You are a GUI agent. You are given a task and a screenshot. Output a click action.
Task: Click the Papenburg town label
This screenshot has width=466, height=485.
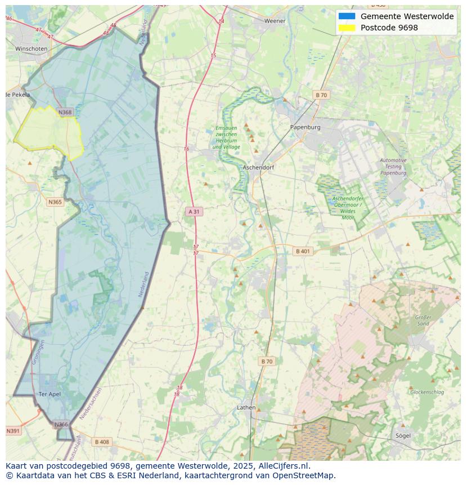point(305,127)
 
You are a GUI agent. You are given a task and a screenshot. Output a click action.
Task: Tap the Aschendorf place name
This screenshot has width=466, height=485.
point(258,168)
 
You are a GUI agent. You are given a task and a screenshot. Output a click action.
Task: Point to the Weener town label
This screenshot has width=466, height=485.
point(275,21)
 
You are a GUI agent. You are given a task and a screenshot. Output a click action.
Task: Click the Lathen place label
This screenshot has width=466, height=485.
point(246,407)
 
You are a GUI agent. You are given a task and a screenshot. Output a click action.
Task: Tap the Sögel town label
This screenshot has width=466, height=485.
point(403,435)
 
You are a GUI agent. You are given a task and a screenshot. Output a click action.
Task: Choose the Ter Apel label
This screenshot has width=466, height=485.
point(49,394)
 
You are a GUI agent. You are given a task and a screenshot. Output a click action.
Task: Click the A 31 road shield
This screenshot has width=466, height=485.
point(193,211)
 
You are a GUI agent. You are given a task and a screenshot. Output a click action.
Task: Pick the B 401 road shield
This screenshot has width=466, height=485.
point(303,251)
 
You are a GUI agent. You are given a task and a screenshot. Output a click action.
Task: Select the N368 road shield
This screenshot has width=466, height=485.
point(65,112)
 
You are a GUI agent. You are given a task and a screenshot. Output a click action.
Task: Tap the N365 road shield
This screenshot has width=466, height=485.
point(55,202)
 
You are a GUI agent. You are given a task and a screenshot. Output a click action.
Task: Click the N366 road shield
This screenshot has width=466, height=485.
point(61,424)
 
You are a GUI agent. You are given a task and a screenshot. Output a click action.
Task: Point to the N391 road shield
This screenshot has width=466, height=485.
point(13,431)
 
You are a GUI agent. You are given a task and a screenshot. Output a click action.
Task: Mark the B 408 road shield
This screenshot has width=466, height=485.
point(102,442)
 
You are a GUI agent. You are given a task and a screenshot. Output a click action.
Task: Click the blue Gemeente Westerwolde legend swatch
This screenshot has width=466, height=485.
point(347,16)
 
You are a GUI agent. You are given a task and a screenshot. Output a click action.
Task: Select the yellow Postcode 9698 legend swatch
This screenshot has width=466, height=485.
point(347,28)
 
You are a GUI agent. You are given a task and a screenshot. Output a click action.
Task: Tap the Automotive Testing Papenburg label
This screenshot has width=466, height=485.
point(393,167)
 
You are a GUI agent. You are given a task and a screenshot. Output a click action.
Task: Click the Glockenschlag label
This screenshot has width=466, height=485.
point(427,392)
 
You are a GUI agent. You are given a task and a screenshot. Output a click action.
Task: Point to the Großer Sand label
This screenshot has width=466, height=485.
point(423,321)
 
